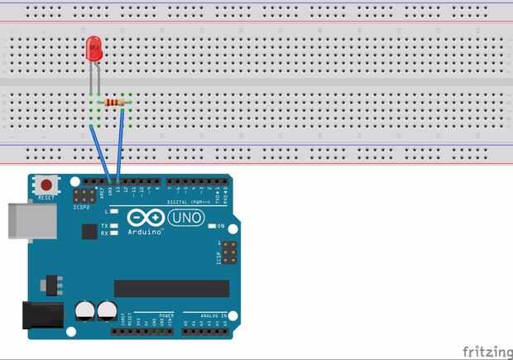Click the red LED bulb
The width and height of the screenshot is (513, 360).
(x=93, y=50)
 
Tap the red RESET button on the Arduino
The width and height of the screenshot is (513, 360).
(x=47, y=186)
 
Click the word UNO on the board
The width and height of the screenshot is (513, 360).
(x=186, y=218)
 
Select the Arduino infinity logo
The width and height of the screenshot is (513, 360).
(x=146, y=218)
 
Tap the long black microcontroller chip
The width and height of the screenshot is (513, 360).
(x=171, y=288)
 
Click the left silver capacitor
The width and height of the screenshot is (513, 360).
(x=85, y=311)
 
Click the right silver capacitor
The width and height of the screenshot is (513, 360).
(x=107, y=311)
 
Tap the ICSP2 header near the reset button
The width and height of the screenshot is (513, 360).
(x=83, y=196)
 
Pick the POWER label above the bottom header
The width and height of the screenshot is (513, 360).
(x=165, y=315)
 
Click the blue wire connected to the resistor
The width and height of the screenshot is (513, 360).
(x=121, y=141)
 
